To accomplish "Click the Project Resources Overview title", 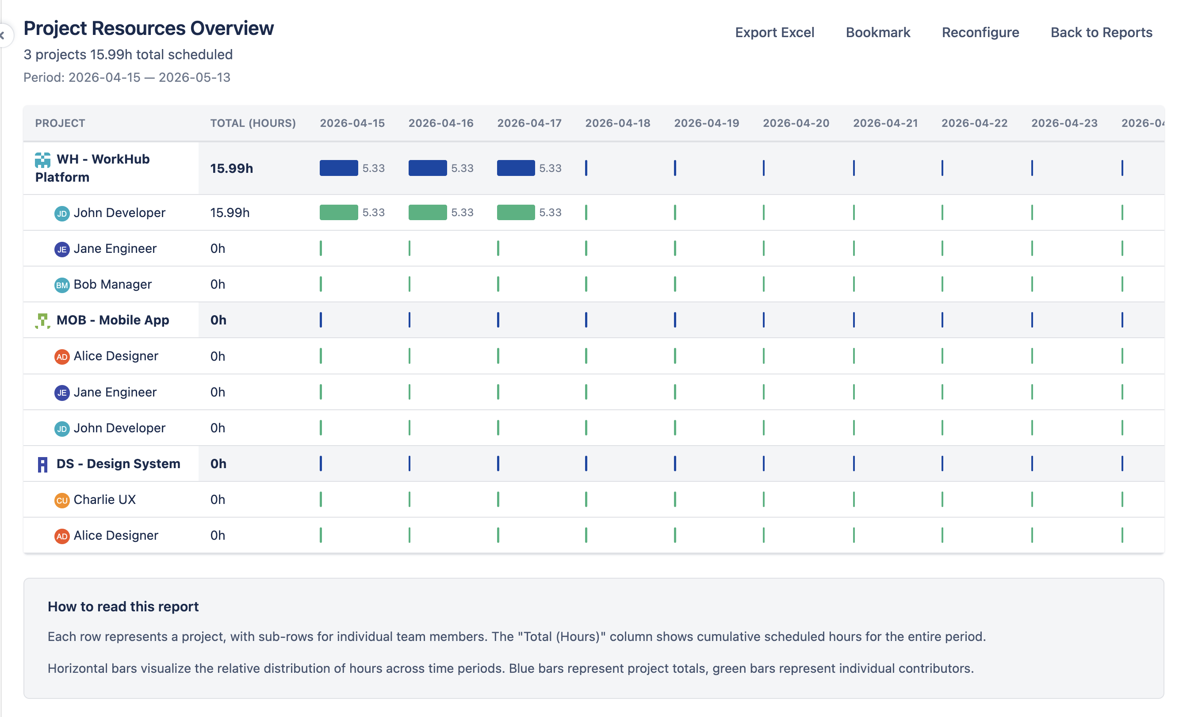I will point(148,28).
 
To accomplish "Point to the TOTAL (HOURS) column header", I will point(253,123).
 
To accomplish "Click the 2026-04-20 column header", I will point(796,123).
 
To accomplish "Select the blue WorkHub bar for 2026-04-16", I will point(427,168).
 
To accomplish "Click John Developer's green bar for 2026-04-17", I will point(515,212).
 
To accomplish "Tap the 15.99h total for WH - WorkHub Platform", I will point(232,168).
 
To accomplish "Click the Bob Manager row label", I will point(112,284).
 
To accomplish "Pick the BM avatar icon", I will point(62,285).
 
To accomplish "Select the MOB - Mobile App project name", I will point(112,320).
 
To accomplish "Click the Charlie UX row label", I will point(104,500).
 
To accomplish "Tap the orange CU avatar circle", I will point(62,500).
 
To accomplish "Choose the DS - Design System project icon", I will point(42,464).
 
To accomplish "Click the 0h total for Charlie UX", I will point(218,500).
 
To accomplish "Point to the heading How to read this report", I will point(123,606).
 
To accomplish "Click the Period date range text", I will point(127,77).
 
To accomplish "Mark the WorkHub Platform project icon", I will point(42,160).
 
